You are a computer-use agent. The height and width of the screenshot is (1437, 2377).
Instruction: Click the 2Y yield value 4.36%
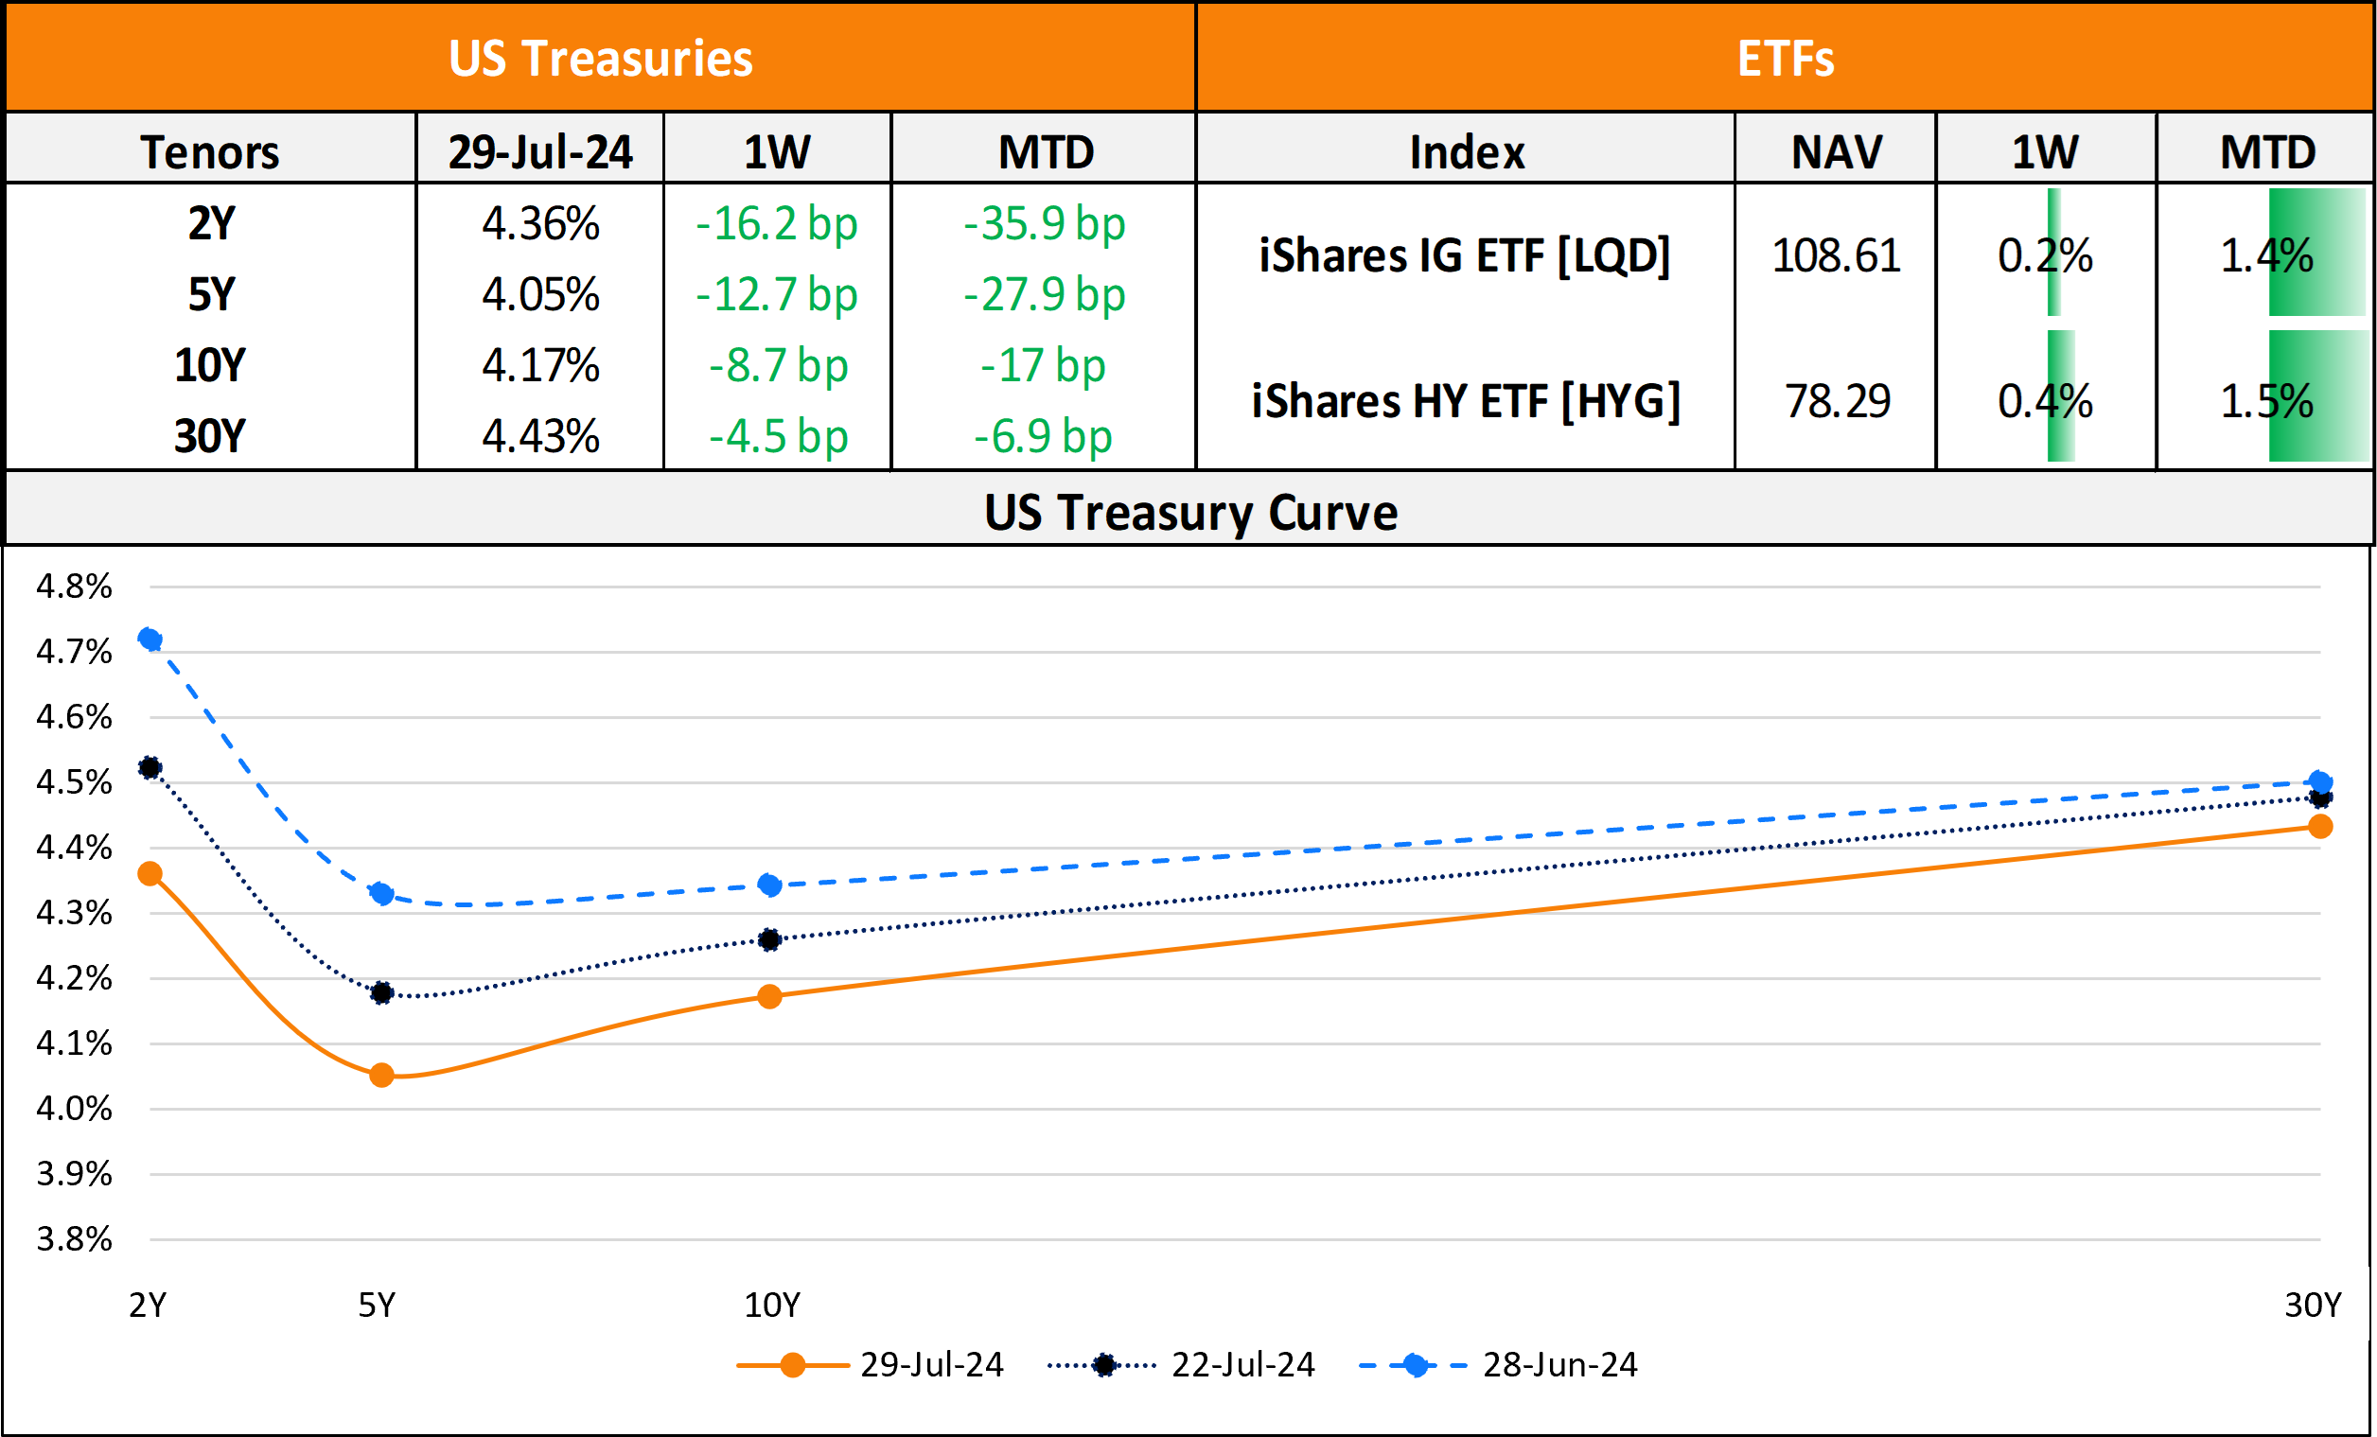click(540, 224)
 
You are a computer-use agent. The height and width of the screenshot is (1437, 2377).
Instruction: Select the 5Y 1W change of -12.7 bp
click(777, 294)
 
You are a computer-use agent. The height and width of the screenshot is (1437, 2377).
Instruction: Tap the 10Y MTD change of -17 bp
click(1043, 365)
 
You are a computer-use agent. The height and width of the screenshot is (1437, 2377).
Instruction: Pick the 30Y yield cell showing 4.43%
click(540, 436)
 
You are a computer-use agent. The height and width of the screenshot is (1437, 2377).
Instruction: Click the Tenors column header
click(210, 151)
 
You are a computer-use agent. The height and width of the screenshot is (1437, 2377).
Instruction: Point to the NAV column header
click(1836, 151)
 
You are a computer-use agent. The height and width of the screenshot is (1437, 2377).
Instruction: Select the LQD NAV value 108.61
click(1836, 255)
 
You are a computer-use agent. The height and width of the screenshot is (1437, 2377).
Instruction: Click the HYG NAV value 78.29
click(1837, 401)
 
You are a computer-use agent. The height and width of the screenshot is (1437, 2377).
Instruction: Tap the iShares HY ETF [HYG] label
click(1466, 401)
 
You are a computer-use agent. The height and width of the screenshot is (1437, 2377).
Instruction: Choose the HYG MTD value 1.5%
click(2266, 401)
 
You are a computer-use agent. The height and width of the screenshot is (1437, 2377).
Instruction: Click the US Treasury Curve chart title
click(1189, 512)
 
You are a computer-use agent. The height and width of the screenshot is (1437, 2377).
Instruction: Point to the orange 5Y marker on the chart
click(382, 1075)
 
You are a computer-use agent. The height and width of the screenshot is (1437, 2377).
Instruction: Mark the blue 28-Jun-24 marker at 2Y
click(150, 640)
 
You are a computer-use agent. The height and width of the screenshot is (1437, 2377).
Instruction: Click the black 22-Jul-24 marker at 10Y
click(770, 939)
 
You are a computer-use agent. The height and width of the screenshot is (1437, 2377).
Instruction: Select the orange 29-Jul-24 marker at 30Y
click(2320, 827)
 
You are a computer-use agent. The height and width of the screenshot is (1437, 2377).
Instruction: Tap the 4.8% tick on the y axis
click(73, 587)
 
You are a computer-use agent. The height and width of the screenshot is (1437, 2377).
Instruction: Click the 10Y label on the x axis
click(772, 1305)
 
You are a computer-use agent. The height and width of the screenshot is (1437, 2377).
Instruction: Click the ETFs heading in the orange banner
click(1786, 58)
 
